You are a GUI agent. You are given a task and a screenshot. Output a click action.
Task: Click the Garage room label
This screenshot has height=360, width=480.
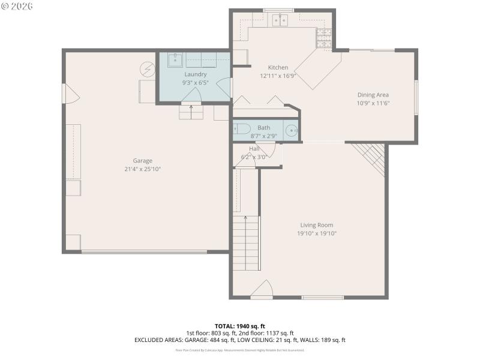tap(142, 160)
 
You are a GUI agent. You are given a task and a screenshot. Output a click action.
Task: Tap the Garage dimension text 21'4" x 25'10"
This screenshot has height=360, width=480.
tap(142, 169)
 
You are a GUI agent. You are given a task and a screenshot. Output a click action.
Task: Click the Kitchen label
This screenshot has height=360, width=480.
tap(278, 68)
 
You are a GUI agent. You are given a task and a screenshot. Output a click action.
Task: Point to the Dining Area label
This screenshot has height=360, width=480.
tap(373, 95)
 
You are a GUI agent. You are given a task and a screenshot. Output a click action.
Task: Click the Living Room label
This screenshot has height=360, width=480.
tap(316, 225)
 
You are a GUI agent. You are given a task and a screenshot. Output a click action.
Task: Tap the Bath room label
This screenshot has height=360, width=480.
tap(263, 128)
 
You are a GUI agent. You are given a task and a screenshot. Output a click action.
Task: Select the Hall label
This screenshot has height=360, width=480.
tap(254, 148)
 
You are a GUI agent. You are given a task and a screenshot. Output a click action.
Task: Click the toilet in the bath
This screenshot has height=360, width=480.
tap(242, 128)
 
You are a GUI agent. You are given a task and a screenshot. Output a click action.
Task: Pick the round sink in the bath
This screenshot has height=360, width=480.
tap(291, 130)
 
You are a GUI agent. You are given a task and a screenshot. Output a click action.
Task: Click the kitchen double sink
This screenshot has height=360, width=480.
tap(279, 21)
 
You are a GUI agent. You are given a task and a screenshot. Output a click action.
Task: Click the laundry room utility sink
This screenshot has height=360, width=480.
tap(175, 59)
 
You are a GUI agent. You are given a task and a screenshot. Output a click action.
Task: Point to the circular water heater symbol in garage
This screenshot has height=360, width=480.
tap(147, 69)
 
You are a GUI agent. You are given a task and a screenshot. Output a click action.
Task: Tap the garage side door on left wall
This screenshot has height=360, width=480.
tap(68, 93)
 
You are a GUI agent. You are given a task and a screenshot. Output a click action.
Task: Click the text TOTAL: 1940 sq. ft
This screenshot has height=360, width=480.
tap(240, 326)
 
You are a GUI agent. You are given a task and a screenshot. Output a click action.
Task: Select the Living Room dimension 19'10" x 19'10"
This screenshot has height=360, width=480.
tap(316, 233)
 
